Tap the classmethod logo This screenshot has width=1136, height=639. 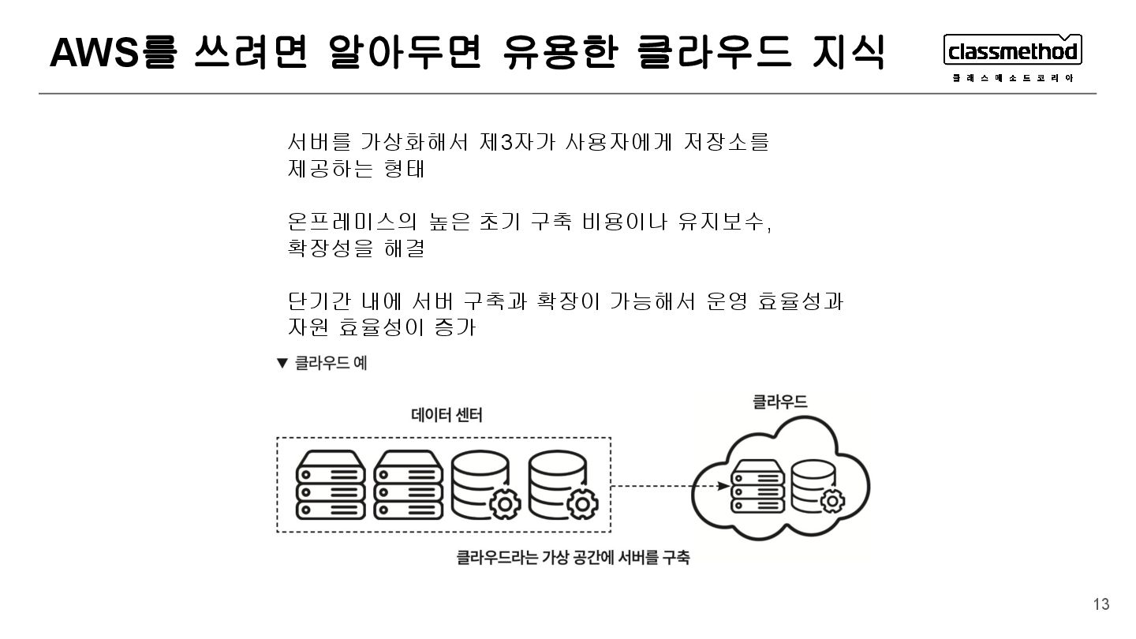coord(1012,51)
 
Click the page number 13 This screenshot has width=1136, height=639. coord(1101,604)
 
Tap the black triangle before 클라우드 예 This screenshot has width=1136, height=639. coord(282,363)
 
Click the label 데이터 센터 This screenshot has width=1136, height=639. coord(447,414)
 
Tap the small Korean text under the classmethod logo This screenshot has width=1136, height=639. coord(1012,77)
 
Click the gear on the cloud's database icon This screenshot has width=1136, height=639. coord(832,500)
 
